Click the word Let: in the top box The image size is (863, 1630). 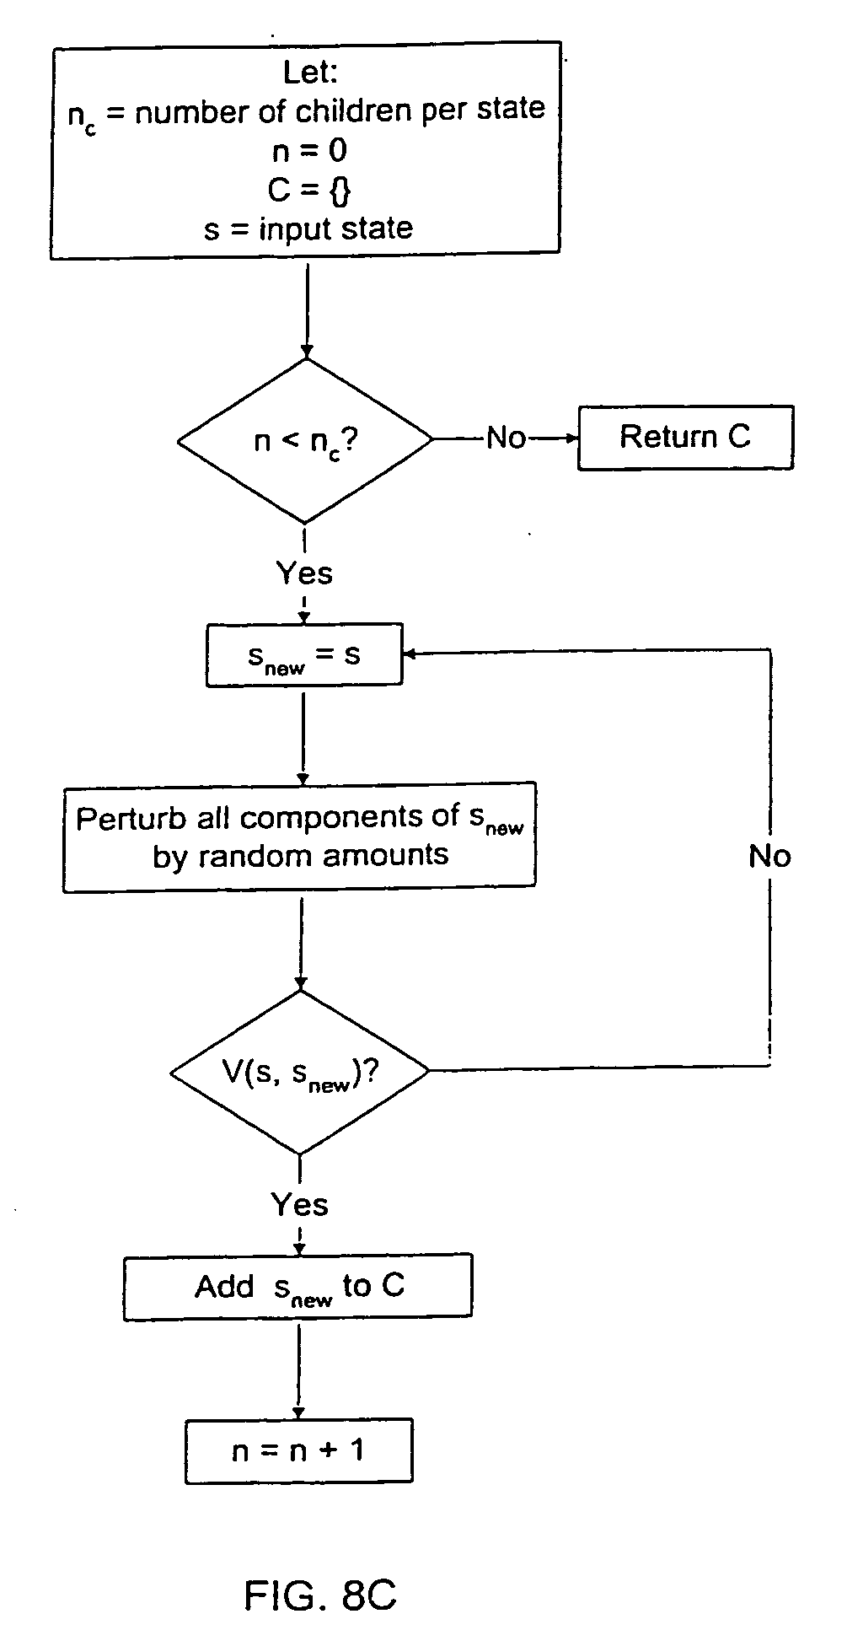(310, 73)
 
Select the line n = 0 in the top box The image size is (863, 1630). (309, 151)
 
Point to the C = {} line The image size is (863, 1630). (308, 190)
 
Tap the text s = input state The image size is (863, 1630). (308, 229)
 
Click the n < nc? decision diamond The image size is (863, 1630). (305, 440)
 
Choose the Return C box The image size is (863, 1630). (684, 437)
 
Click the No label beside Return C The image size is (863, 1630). (507, 438)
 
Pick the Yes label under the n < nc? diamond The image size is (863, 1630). (304, 573)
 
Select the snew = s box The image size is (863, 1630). (303, 655)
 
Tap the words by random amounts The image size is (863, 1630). (300, 856)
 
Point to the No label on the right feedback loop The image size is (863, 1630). (769, 857)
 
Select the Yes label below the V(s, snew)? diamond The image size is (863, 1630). (299, 1204)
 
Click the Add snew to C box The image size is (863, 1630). (297, 1287)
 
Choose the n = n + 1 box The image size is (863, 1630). (298, 1450)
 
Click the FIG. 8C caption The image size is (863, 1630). (319, 1573)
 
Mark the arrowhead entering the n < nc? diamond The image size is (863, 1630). (306, 352)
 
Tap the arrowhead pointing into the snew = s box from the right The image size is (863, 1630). (410, 654)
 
